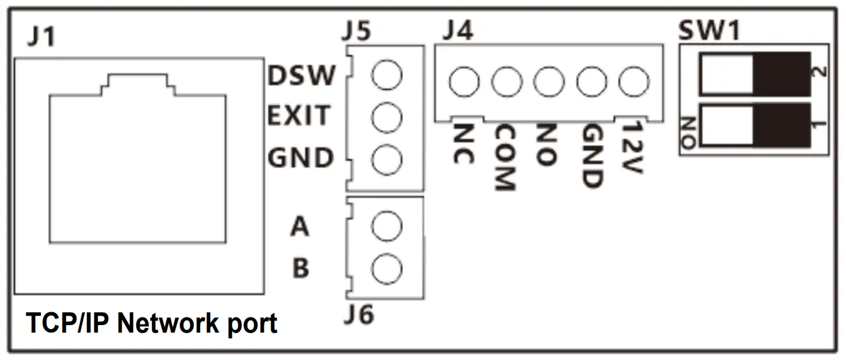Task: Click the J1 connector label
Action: pyautogui.click(x=41, y=38)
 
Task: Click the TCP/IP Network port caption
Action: pyautogui.click(x=151, y=323)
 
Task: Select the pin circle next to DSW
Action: pyautogui.click(x=387, y=76)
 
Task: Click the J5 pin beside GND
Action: pyautogui.click(x=387, y=160)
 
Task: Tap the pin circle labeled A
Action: pyautogui.click(x=387, y=227)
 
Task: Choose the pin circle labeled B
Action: pyautogui.click(x=387, y=269)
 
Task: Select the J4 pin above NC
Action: pyautogui.click(x=464, y=82)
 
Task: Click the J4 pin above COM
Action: pyautogui.click(x=506, y=82)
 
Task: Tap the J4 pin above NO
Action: pyautogui.click(x=548, y=82)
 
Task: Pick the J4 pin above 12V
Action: pyautogui.click(x=633, y=82)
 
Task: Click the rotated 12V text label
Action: pyautogui.click(x=631, y=148)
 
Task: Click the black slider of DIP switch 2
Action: pyautogui.click(x=781, y=73)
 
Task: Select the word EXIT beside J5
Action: pyautogui.click(x=298, y=117)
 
